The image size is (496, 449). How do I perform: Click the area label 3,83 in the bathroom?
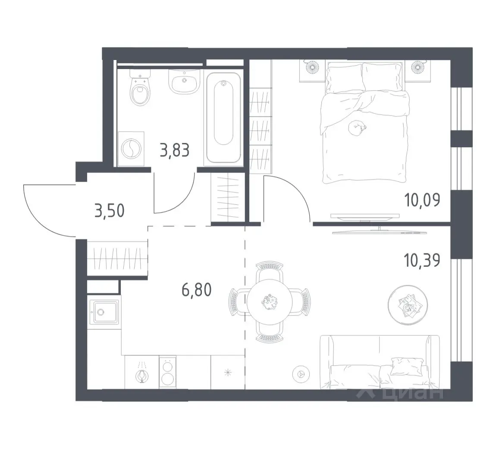click(x=175, y=150)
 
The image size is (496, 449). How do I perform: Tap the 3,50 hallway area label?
click(x=110, y=211)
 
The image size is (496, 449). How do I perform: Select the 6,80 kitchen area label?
click(x=196, y=290)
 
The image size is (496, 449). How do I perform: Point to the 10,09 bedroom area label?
click(x=422, y=200)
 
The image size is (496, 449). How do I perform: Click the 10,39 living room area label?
click(x=422, y=261)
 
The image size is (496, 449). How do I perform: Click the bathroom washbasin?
click(x=185, y=81)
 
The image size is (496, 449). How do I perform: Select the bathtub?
click(x=224, y=117)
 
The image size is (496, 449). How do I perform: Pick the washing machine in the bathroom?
click(x=131, y=149)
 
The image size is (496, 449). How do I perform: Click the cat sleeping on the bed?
click(x=357, y=128)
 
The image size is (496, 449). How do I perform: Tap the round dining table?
click(x=270, y=302)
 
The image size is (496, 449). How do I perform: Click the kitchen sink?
click(x=104, y=312)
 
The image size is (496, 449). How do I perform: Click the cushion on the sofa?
click(x=408, y=367)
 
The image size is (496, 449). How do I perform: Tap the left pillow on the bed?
click(x=344, y=78)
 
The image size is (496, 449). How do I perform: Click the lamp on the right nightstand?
click(x=420, y=67)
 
